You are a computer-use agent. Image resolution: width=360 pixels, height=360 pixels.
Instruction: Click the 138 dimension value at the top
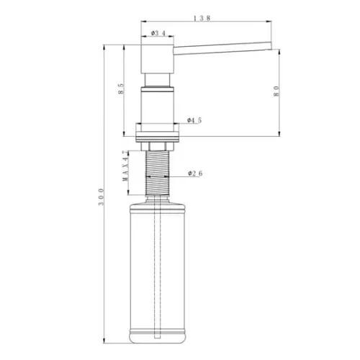[x=202, y=18]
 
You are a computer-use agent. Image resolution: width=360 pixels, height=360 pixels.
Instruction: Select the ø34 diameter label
[x=158, y=33]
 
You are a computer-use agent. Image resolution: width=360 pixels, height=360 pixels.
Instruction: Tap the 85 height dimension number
[x=121, y=89]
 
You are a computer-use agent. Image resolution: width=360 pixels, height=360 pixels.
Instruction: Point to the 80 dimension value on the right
[x=276, y=91]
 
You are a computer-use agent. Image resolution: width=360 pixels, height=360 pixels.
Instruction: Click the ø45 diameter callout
[x=194, y=120]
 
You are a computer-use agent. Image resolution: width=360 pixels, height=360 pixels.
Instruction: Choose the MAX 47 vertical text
[x=125, y=166]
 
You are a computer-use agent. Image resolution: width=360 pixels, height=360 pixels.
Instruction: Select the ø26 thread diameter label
[x=195, y=174]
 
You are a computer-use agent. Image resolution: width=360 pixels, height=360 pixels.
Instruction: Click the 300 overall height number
[x=102, y=197]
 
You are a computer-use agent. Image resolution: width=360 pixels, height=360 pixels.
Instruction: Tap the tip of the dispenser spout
[x=271, y=46]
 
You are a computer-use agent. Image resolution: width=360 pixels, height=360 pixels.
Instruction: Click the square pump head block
[x=157, y=58]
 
